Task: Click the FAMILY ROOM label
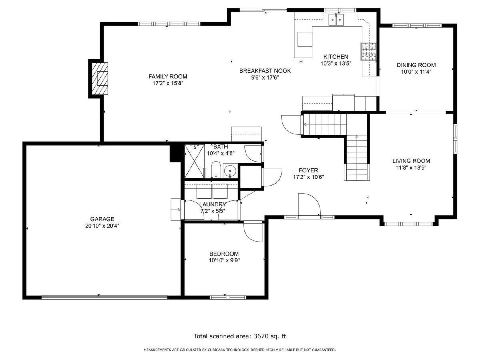tap(168, 76)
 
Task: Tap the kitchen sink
tap(336, 20)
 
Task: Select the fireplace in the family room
tap(100, 78)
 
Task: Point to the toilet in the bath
tap(216, 170)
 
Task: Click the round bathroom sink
tap(230, 171)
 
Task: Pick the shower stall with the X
tap(194, 161)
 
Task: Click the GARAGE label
tap(102, 219)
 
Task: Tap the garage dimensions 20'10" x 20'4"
tap(102, 226)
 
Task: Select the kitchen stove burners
tap(368, 51)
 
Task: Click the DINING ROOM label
tap(416, 65)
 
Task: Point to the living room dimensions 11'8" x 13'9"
tap(411, 168)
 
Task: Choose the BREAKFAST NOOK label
tap(265, 71)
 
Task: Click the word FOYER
tap(308, 170)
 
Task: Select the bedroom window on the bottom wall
tap(228, 297)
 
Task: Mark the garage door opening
tap(104, 297)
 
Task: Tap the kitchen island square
tap(305, 39)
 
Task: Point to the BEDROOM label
tap(224, 254)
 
